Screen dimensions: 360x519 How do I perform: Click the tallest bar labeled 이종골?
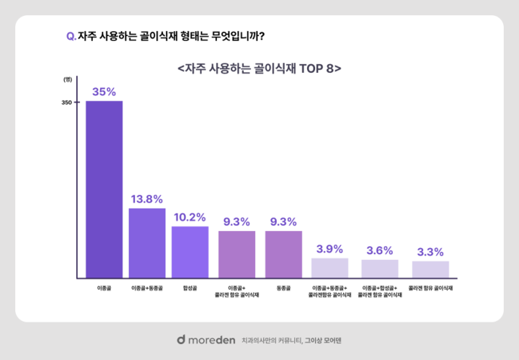(104, 189)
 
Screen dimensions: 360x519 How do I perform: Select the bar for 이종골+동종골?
(147, 243)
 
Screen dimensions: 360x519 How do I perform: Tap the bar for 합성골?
(190, 252)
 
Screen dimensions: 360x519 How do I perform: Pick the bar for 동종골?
(283, 254)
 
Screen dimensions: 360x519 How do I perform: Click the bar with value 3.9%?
(330, 268)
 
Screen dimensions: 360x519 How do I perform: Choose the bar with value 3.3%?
(430, 269)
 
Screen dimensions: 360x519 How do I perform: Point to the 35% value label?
(104, 92)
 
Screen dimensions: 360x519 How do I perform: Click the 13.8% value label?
(147, 198)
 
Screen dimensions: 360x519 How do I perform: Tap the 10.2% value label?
(190, 216)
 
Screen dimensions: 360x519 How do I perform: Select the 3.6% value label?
(380, 250)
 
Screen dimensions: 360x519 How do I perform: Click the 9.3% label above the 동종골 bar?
(283, 221)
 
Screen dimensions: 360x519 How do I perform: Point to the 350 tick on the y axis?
(66, 102)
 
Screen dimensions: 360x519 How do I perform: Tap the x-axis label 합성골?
(190, 287)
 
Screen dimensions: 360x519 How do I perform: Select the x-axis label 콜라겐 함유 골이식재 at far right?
(430, 287)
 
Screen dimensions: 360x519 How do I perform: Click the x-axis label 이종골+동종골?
(147, 287)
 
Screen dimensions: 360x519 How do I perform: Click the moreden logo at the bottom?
(205, 339)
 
